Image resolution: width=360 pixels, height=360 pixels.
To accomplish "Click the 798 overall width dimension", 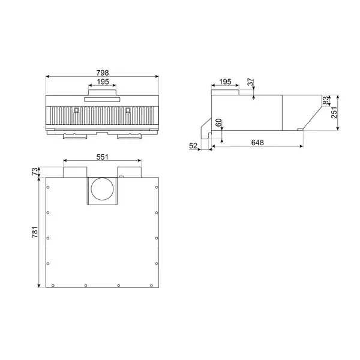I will coord(102,72).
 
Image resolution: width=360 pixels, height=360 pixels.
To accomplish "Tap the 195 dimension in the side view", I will coord(225,81).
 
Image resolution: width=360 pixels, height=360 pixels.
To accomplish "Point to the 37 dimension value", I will coord(250,82).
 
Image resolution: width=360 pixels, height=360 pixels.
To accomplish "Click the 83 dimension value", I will coord(326,100).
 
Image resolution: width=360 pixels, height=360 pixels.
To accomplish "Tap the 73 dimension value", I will coord(34,172).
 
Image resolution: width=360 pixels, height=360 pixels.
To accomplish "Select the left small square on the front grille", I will coord(76,110).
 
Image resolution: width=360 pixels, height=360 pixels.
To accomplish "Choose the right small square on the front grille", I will coord(128,110).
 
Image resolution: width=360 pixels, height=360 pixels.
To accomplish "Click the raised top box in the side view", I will coord(226,91).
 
